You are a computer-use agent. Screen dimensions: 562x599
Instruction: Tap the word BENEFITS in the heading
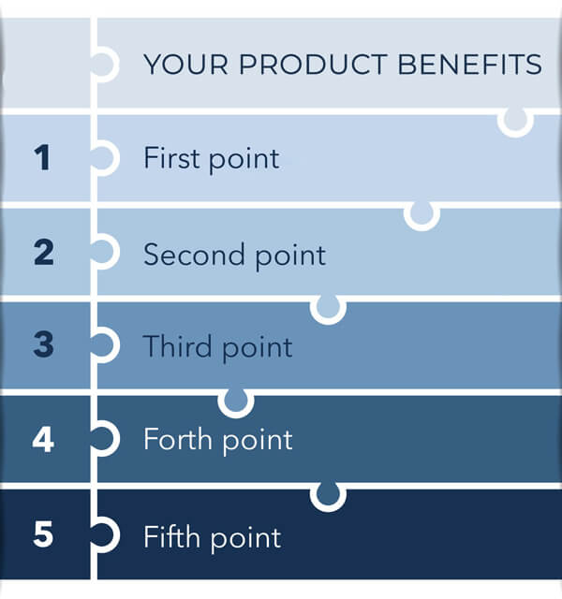pos(470,64)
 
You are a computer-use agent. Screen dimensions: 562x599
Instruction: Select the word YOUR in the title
pos(186,64)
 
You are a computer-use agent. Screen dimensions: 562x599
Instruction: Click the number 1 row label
pos(42,157)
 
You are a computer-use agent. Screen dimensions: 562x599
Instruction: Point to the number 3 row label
pos(44,344)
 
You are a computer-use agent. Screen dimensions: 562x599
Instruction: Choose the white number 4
pos(43,439)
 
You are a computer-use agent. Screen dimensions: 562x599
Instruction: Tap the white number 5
pos(43,533)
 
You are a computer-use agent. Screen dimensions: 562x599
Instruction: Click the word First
pos(171,157)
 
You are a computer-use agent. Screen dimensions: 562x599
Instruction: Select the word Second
pos(194,254)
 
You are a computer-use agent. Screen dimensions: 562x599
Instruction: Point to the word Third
pos(178,346)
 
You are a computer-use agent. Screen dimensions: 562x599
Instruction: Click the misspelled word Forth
pos(178,439)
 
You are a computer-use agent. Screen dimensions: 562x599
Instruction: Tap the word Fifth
pos(172,536)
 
